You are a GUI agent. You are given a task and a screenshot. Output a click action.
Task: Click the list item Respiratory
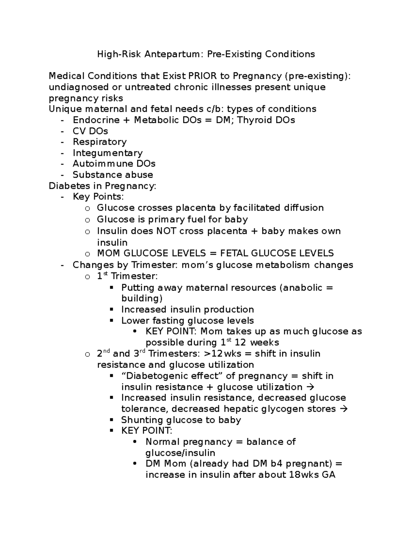[100, 142]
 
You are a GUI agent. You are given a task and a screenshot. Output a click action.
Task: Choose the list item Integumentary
[107, 153]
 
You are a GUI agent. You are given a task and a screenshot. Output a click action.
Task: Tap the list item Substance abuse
[113, 174]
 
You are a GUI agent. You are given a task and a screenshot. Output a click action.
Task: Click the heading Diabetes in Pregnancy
[102, 186]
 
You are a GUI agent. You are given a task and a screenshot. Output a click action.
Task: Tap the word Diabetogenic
[158, 376]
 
